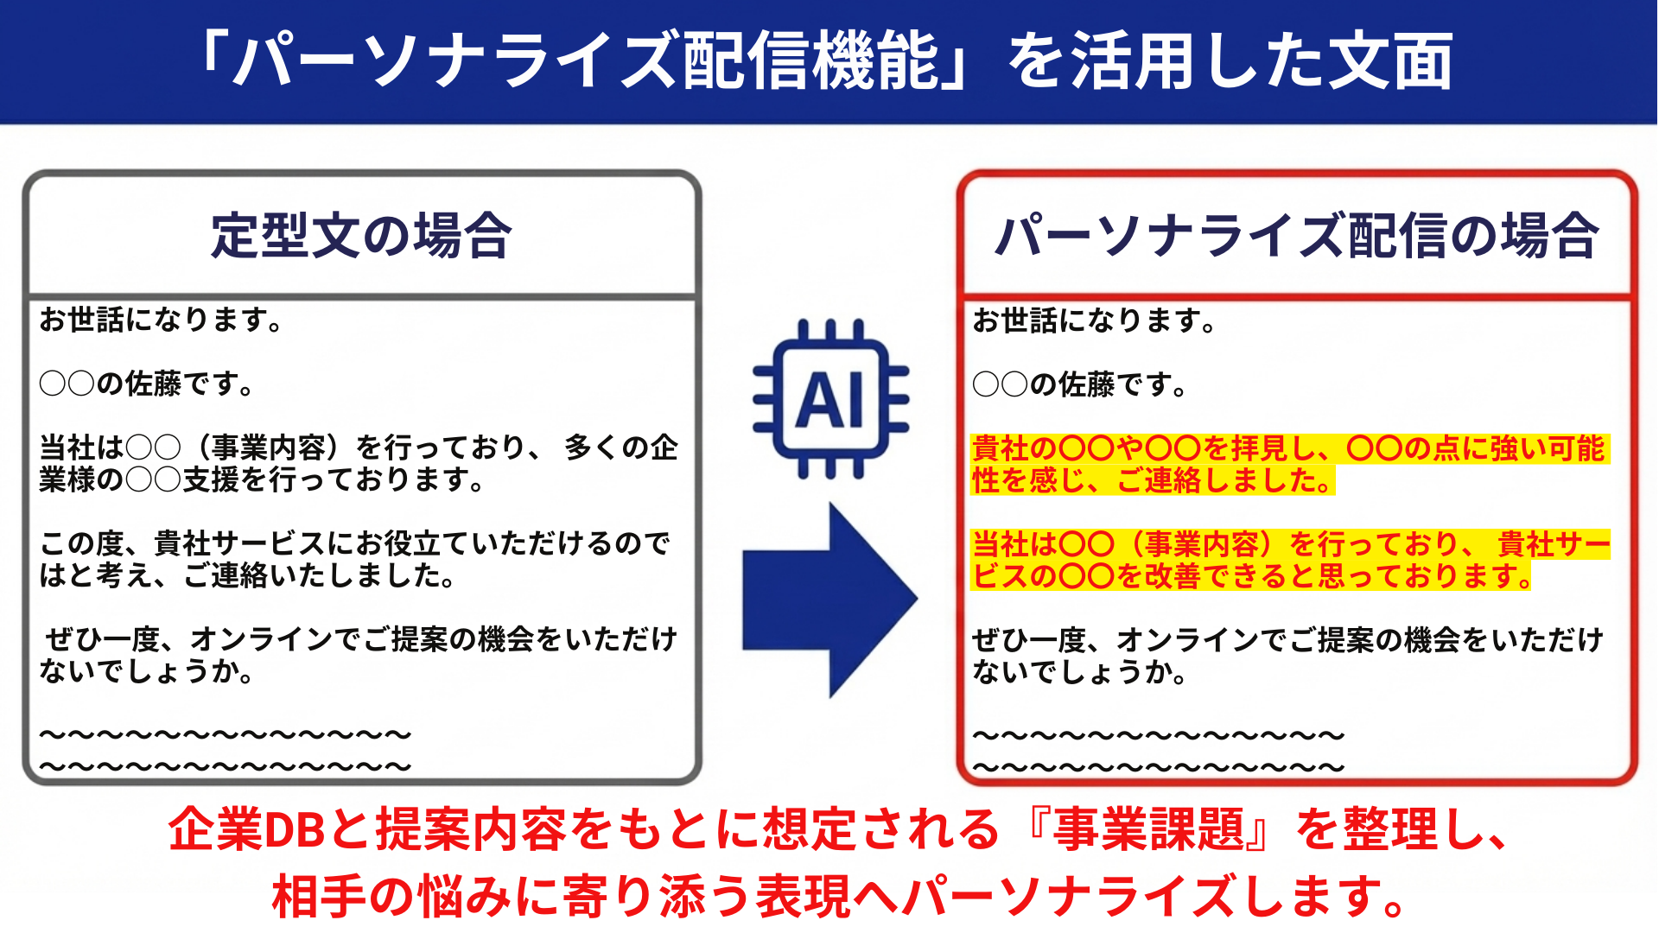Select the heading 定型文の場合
pos(361,236)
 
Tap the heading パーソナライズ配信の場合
pos(1296,236)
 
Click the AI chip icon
pos(830,398)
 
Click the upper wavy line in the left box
pos(226,735)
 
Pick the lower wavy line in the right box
pos(1159,766)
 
